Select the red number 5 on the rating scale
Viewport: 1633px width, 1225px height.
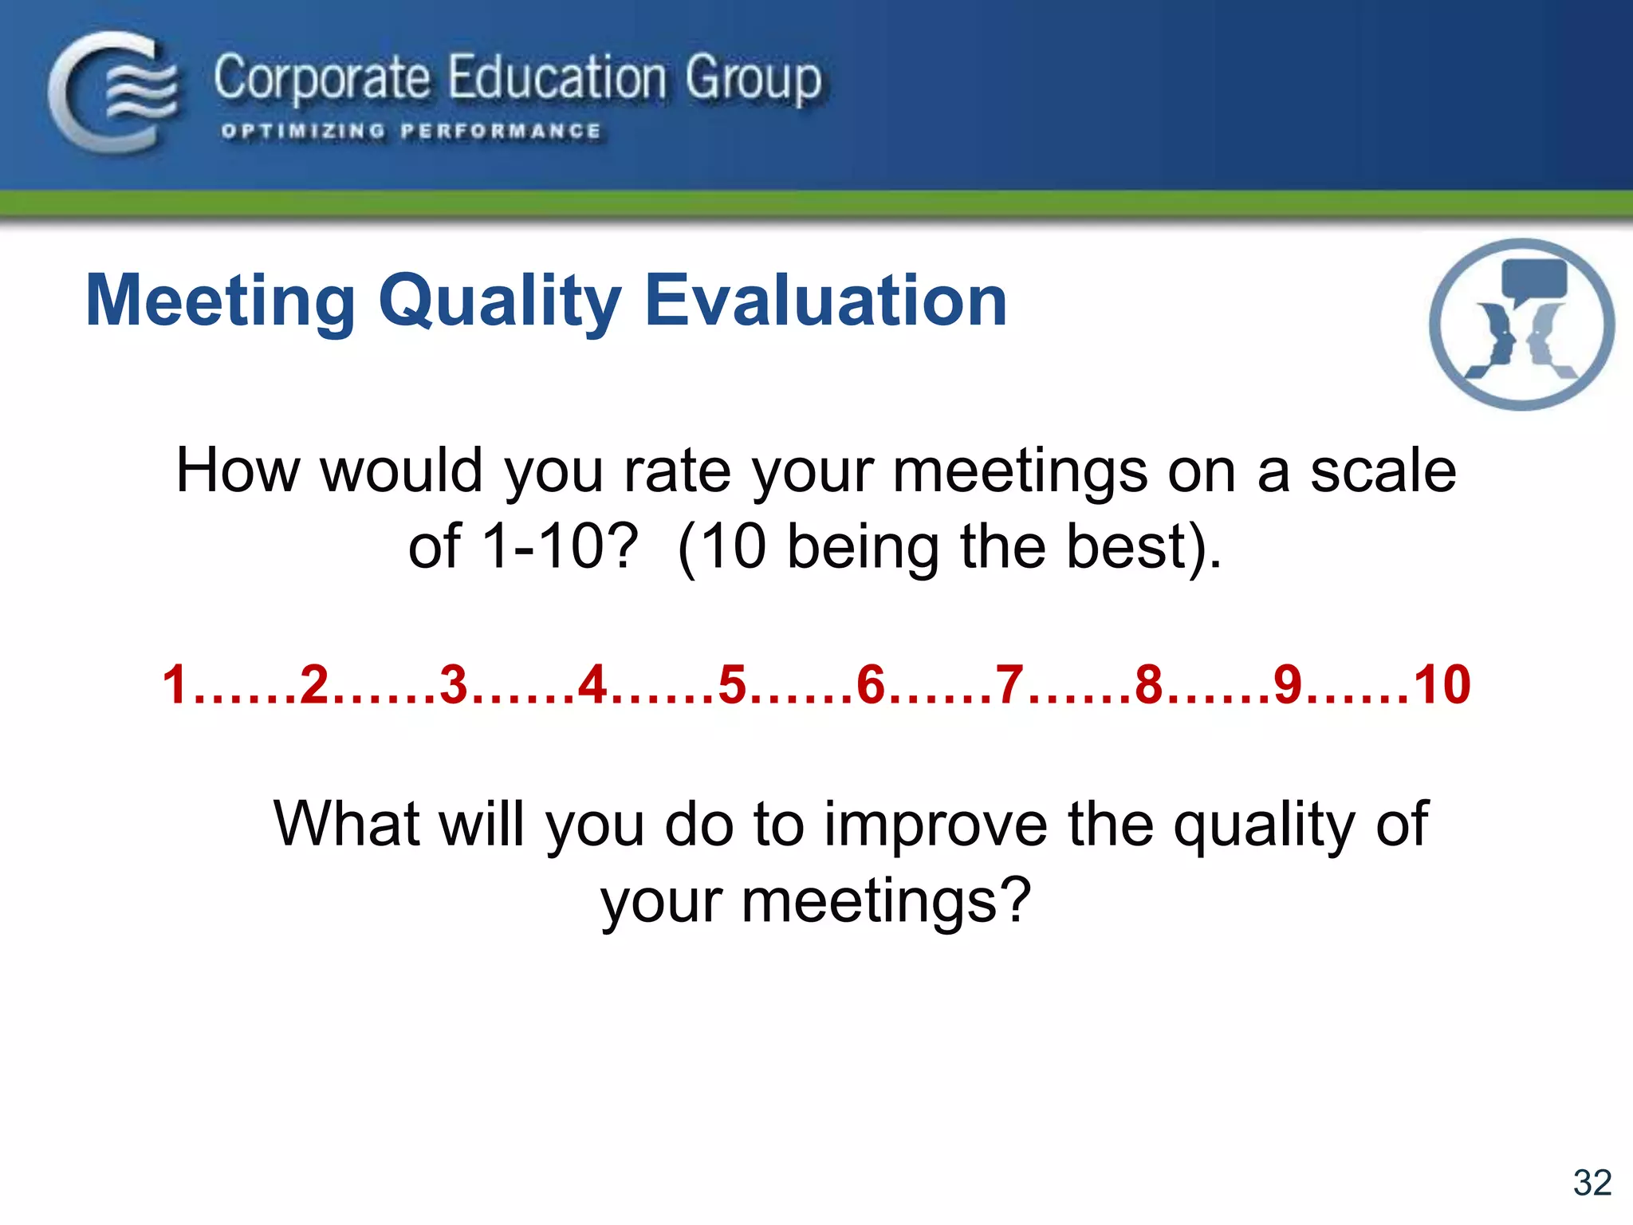click(x=732, y=685)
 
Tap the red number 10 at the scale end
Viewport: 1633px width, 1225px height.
click(x=1442, y=685)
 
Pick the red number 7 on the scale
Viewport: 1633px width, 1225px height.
click(x=1010, y=685)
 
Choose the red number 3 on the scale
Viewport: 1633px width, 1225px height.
click(x=454, y=685)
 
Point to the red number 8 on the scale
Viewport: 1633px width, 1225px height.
click(x=1149, y=685)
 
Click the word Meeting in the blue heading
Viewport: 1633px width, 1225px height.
click(x=220, y=301)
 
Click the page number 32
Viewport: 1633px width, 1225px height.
click(x=1592, y=1183)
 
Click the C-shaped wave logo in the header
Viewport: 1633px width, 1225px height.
click(x=112, y=92)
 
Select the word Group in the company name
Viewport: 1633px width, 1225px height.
click(x=753, y=80)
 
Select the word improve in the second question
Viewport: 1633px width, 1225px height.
click(x=935, y=824)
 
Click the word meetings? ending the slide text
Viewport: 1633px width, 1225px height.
click(x=886, y=900)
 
